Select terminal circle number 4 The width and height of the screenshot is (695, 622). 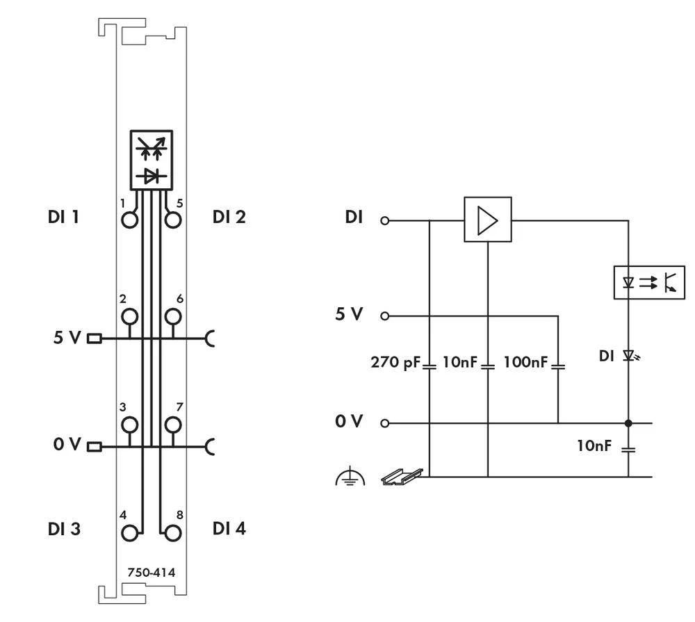[x=129, y=533]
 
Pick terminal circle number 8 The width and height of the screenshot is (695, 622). [x=173, y=533]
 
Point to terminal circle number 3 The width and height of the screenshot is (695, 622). [x=129, y=425]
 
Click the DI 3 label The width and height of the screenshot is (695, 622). [x=64, y=529]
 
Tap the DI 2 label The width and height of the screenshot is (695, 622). [x=229, y=217]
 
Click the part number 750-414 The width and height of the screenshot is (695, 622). [x=151, y=573]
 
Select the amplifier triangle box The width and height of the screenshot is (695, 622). [x=488, y=220]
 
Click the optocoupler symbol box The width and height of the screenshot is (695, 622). [x=649, y=282]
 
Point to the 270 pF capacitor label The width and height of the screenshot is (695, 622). [x=395, y=362]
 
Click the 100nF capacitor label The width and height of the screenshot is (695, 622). [x=525, y=362]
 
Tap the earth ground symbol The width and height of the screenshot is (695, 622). [x=350, y=477]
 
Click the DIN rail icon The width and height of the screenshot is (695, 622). [x=402, y=476]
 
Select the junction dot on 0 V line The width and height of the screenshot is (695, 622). [x=628, y=423]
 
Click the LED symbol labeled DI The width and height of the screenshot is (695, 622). [x=629, y=356]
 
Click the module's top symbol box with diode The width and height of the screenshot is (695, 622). [x=151, y=160]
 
